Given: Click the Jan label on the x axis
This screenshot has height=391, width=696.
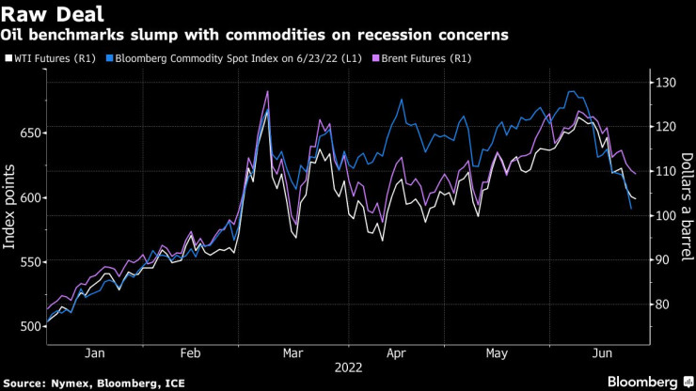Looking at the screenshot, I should pyautogui.click(x=94, y=353).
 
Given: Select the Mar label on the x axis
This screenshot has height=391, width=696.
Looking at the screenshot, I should pyautogui.click(x=293, y=353).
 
